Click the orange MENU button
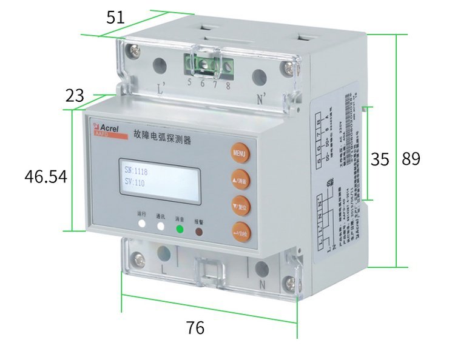239,153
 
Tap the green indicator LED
180,229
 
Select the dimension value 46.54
45,176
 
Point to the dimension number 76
195,328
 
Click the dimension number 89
411,159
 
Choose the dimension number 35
380,159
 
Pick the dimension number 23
75,95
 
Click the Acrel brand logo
110,128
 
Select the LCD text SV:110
135,182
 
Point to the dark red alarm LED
199,231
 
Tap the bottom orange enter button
241,232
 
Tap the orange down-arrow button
240,205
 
